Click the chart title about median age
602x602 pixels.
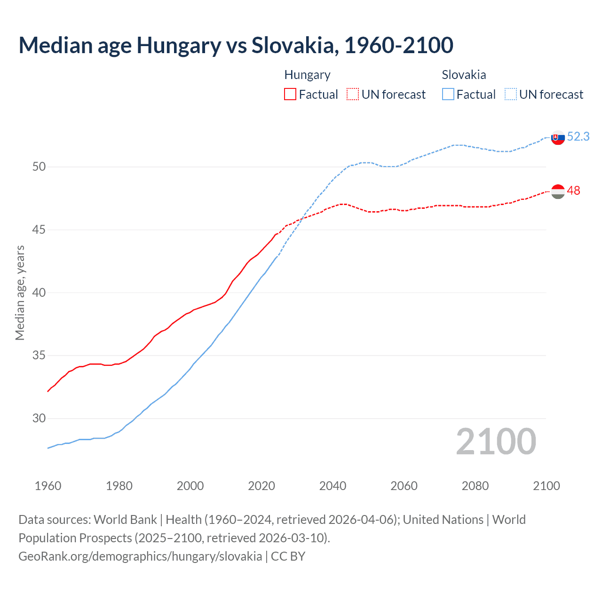pos(236,45)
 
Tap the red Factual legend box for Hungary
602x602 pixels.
pos(290,94)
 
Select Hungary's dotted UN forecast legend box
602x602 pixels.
pos(353,94)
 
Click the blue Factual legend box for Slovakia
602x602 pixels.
pos(448,94)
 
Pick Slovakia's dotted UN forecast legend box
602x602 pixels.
pos(511,94)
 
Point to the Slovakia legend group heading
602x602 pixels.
pos(464,75)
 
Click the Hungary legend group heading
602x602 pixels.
pos(307,75)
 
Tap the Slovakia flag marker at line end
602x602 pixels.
pos(558,138)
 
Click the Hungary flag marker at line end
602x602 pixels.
pos(558,191)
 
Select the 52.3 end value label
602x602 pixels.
pos(578,136)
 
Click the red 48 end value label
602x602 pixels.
pos(573,190)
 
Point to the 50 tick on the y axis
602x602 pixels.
pos(39,166)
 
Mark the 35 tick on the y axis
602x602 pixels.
pos(39,356)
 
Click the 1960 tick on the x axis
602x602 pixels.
pos(48,486)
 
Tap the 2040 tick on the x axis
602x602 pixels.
pos(333,486)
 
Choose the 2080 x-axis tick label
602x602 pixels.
pos(475,486)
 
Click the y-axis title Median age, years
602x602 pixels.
pos(20,293)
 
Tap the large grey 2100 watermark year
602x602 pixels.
pos(496,441)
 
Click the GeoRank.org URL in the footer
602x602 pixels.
pos(140,556)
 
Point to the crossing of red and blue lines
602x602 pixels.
pos(301,219)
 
